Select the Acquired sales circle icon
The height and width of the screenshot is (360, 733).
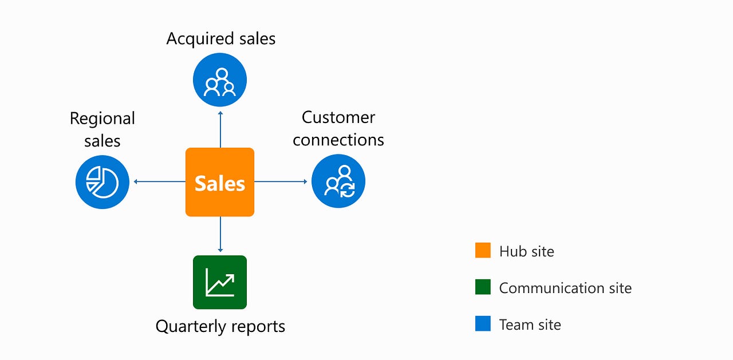click(220, 80)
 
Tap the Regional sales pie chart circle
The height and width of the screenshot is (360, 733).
click(103, 182)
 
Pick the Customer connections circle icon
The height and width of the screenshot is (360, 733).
click(338, 182)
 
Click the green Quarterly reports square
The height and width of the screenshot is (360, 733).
click(220, 282)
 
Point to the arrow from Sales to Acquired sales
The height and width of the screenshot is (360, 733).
click(220, 129)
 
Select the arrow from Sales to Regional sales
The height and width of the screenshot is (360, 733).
click(159, 182)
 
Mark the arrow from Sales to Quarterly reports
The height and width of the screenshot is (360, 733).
click(220, 235)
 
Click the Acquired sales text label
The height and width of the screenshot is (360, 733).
click(220, 38)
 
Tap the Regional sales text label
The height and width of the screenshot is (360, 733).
click(102, 129)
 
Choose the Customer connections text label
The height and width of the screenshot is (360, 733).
click(338, 128)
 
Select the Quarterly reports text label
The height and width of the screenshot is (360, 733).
click(220, 326)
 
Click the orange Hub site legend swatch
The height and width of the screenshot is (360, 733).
click(483, 251)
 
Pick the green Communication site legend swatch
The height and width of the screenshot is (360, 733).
click(483, 287)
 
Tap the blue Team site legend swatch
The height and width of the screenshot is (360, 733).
click(483, 324)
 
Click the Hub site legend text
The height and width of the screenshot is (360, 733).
click(526, 251)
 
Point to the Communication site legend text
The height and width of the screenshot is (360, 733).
click(565, 288)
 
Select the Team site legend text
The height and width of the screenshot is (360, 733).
click(530, 325)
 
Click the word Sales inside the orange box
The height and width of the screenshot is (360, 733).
click(219, 184)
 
